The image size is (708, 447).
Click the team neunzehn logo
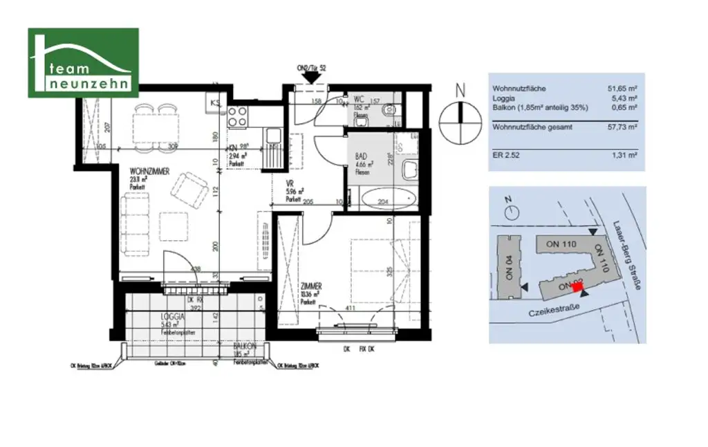click(83, 62)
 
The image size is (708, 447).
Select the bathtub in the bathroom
click(387, 199)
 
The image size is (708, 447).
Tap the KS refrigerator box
click(215, 102)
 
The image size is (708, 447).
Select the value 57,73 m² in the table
click(622, 127)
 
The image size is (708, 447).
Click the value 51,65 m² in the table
click(622, 89)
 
